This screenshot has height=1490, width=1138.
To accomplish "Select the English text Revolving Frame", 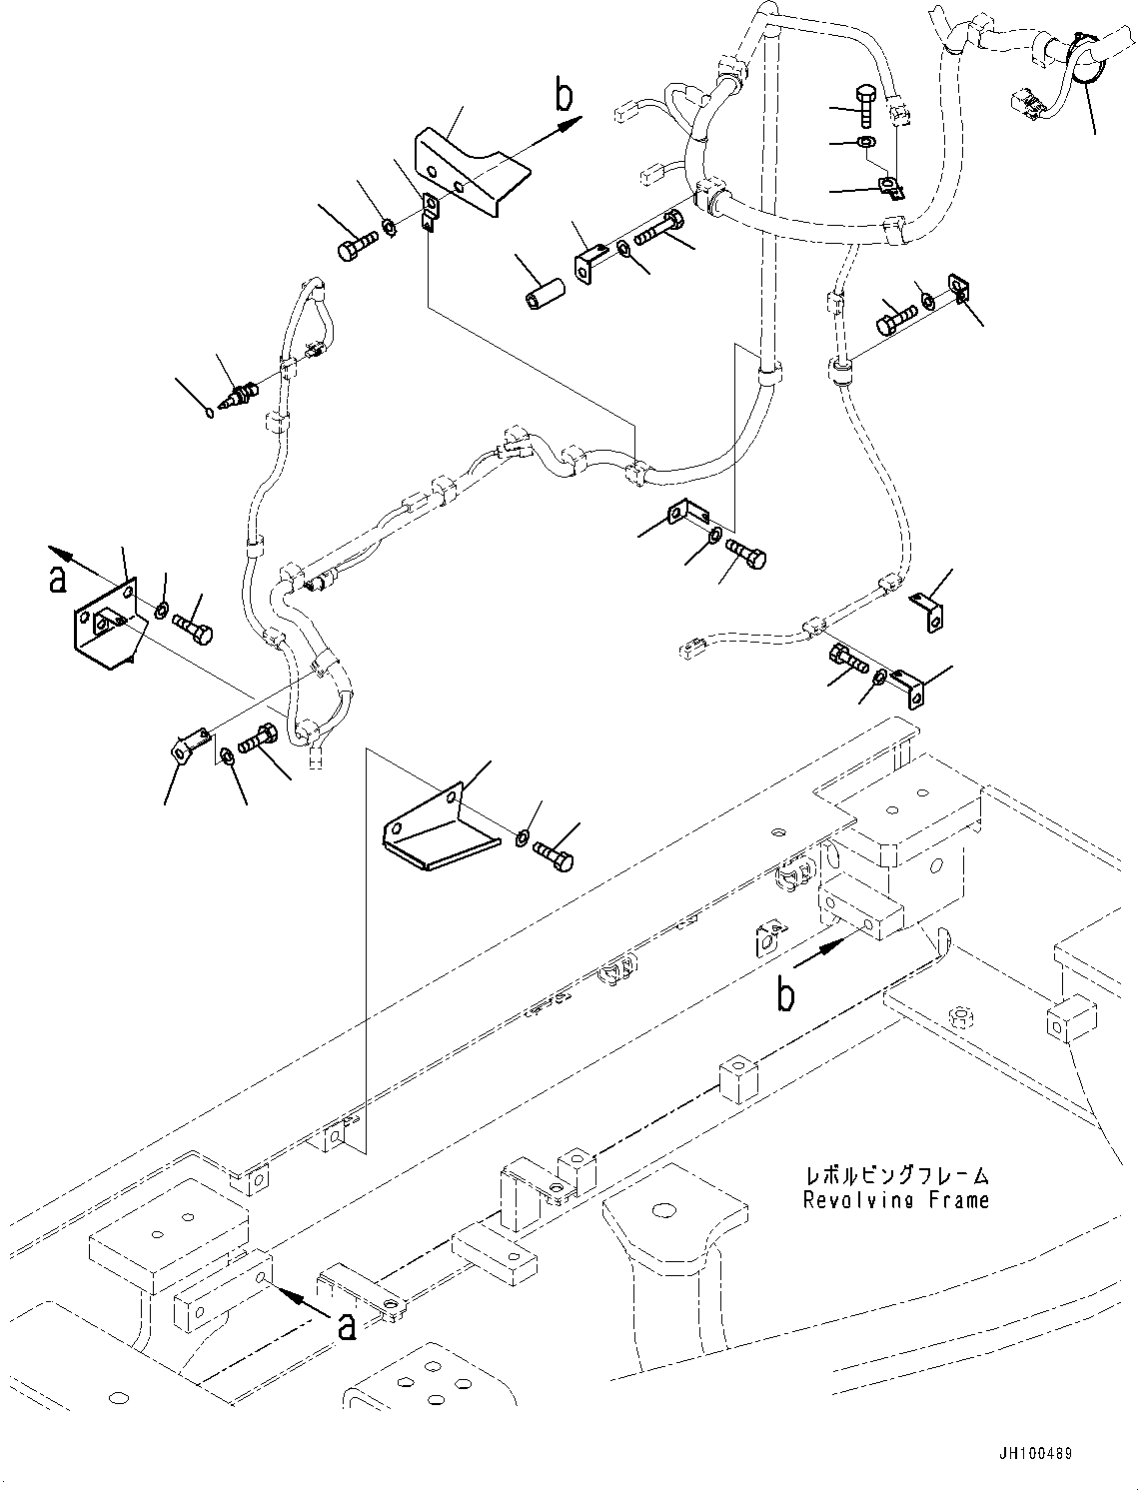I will click(895, 1200).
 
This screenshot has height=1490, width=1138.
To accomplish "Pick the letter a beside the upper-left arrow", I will click(57, 577).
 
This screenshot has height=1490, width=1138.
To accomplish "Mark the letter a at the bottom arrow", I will click(347, 1325).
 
